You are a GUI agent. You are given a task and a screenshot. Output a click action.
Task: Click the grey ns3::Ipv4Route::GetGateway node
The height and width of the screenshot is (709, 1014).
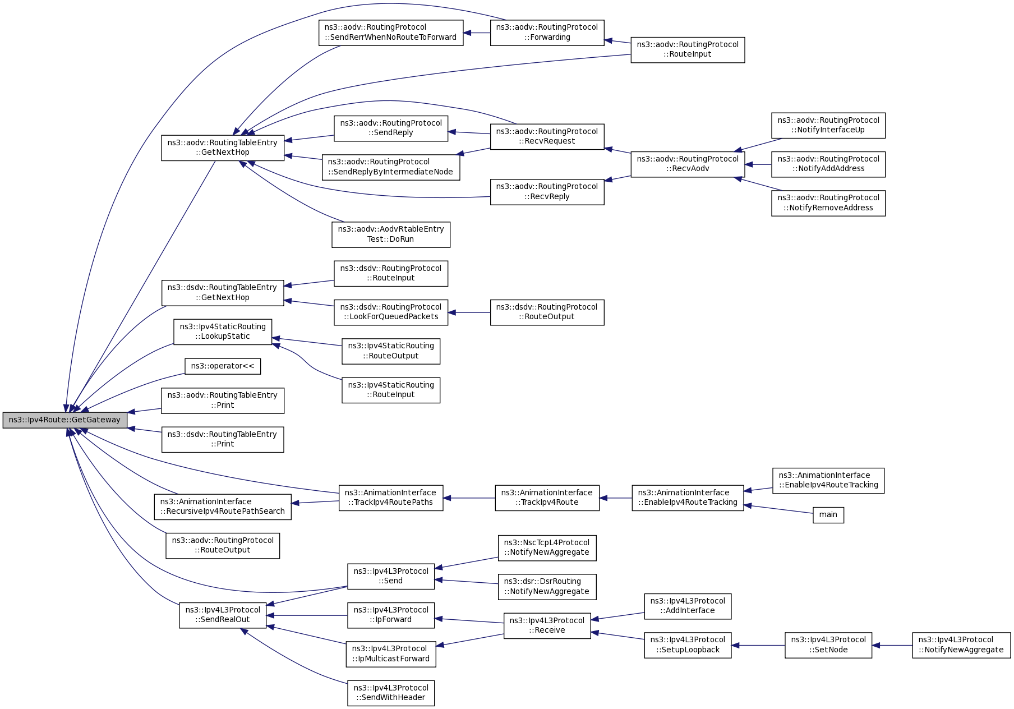coord(65,420)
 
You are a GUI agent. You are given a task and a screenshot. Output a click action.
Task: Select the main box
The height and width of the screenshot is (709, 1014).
coord(828,515)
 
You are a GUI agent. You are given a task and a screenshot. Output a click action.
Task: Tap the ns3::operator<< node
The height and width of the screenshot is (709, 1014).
coord(223,366)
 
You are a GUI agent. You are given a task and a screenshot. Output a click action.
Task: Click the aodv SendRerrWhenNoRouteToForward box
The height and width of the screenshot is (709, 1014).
coord(391,33)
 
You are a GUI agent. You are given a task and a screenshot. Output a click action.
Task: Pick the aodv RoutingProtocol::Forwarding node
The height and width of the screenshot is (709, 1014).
coord(547,33)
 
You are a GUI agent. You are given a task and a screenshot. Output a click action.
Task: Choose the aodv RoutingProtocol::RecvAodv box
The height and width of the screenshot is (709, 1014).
coord(688,164)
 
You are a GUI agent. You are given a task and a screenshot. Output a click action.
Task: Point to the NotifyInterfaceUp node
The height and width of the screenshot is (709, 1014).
coord(828,125)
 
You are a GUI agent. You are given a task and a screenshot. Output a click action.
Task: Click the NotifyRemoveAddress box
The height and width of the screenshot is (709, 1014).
coord(828,203)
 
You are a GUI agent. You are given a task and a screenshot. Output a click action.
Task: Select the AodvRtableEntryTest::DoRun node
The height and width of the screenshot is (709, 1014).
coord(391,234)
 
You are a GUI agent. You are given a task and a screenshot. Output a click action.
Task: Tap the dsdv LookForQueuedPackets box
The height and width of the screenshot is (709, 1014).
coord(391,312)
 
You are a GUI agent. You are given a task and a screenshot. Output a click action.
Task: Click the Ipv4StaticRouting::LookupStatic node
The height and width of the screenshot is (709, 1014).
coord(223,332)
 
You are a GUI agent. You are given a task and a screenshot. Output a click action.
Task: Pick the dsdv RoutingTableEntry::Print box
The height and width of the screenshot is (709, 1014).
coord(223,439)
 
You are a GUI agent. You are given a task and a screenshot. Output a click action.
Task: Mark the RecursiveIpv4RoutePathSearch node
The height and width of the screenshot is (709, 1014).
coord(223,507)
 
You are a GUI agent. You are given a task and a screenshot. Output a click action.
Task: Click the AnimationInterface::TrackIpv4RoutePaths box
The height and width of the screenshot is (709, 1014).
coord(391,498)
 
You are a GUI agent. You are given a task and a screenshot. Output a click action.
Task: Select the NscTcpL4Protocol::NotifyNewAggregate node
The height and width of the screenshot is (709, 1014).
coord(547,547)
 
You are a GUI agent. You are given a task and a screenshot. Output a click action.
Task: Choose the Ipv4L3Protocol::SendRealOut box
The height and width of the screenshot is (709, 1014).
coord(223,615)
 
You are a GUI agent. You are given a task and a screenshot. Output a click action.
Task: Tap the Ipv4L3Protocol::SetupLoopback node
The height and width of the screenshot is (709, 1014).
coord(688,645)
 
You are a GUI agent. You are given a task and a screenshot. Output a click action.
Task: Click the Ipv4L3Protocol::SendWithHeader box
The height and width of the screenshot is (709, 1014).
coord(391,693)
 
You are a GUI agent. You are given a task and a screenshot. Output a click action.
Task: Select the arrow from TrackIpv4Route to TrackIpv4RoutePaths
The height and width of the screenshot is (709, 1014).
coord(469,498)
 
